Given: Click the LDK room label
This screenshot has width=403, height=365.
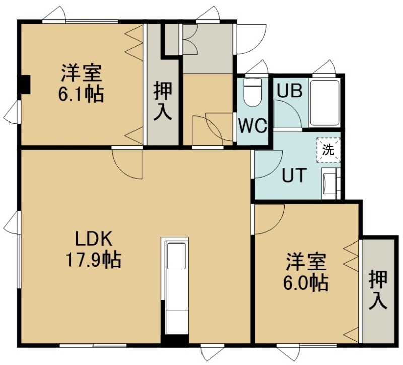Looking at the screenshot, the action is (94, 239).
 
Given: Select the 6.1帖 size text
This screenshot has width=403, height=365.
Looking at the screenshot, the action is (81, 94).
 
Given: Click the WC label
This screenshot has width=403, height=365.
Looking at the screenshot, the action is (253, 126).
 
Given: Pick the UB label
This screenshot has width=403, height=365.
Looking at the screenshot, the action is (289, 91).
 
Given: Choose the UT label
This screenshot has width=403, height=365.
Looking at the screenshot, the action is (294, 175).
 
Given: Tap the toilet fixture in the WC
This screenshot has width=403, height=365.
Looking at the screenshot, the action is (253, 93).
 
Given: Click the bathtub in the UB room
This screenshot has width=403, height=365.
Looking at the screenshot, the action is (324, 103).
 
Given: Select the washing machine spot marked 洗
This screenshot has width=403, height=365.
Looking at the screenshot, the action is (328, 150).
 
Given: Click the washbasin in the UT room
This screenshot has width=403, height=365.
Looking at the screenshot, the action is (331, 184).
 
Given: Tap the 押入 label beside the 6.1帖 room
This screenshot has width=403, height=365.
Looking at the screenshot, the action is (163, 101).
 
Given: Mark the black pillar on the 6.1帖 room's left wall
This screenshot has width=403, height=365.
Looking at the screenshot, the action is (26, 84).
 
